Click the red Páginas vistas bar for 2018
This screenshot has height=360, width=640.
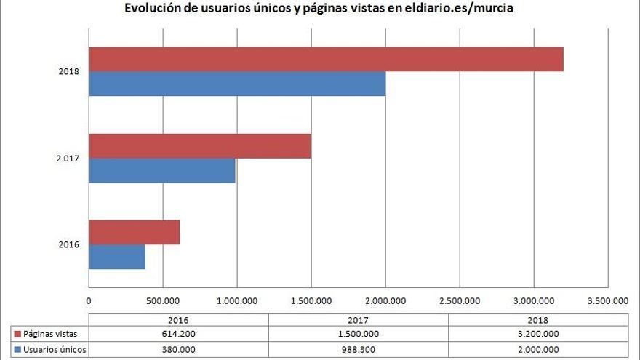coord(326,60)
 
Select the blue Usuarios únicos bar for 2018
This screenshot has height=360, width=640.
coord(237,84)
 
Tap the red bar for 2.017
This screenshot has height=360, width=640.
coord(200,146)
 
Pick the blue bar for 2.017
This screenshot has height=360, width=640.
coord(162,171)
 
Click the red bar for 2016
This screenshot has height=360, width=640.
coord(134,232)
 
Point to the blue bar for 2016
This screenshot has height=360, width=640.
coord(116,257)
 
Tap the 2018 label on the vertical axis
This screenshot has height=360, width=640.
coord(69,72)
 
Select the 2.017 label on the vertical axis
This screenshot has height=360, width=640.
coord(68,159)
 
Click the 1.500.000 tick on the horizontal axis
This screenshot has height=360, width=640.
coord(311,300)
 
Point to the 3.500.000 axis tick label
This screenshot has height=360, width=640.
coord(607,300)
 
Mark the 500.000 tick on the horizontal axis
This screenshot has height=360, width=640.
coord(163,300)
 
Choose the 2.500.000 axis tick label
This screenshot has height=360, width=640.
coord(460,300)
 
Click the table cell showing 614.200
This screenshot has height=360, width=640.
coord(178,334)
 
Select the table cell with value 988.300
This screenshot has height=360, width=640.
coord(358,350)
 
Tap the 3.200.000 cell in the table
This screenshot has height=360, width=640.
coord(538,334)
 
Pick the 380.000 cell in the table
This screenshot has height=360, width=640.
coord(178,350)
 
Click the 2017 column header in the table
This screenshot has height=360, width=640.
coord(358,319)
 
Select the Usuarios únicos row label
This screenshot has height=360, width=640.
coord(55,350)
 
